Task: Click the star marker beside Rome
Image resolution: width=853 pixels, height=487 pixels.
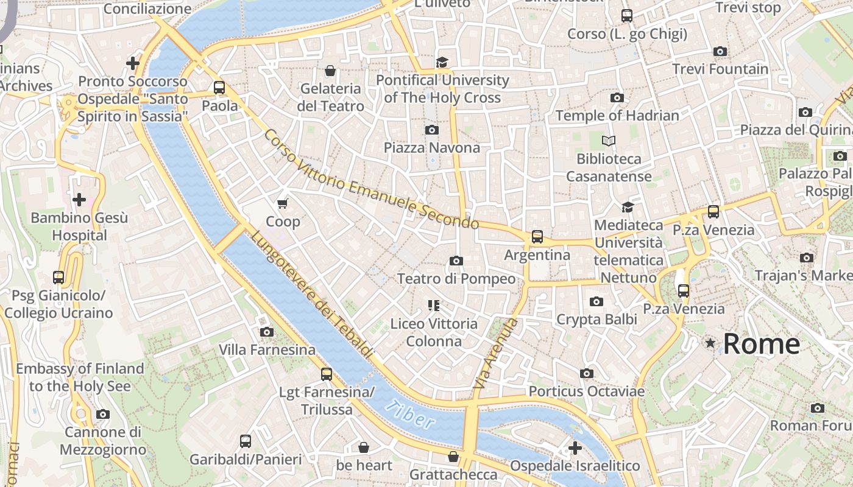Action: [x=710, y=343]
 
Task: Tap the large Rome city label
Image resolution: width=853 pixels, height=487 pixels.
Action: [x=761, y=344]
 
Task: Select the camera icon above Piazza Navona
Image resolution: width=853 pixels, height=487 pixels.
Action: [x=431, y=130]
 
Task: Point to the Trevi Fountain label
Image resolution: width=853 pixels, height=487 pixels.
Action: [x=720, y=69]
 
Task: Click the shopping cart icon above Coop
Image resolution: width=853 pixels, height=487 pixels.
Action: [x=282, y=203]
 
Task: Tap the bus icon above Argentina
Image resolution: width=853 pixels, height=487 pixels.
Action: [x=537, y=237]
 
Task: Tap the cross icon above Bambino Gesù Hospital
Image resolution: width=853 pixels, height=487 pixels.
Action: [x=79, y=199]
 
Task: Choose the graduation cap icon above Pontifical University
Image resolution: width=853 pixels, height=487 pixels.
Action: [x=442, y=62]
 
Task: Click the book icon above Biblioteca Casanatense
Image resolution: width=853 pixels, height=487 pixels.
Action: [x=608, y=141]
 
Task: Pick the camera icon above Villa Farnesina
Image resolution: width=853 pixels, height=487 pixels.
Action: [x=266, y=332]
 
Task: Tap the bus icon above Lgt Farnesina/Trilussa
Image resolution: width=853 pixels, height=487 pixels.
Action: [x=327, y=374]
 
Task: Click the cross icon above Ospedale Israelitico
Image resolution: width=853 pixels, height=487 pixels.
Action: [x=575, y=448]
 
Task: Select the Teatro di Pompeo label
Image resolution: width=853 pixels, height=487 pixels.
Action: [x=456, y=279]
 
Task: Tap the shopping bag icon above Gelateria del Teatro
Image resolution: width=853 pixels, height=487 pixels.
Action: [x=330, y=71]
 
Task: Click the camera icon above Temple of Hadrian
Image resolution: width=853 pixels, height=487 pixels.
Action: [x=617, y=97]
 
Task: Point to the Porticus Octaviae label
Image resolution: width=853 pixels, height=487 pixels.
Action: [x=586, y=391]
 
